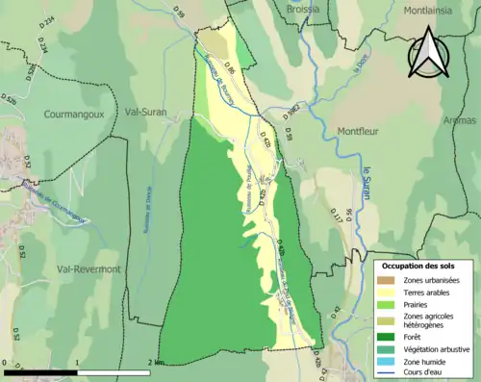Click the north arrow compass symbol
click(x=429, y=53)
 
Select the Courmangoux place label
click(x=73, y=114)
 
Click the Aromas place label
click(x=460, y=121)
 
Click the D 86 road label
click(x=230, y=69)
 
